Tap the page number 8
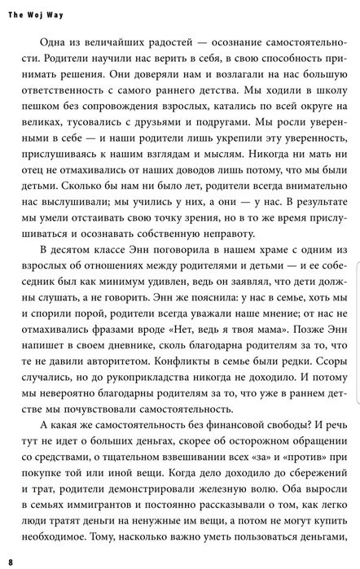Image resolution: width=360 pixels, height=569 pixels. pos(11,562)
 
